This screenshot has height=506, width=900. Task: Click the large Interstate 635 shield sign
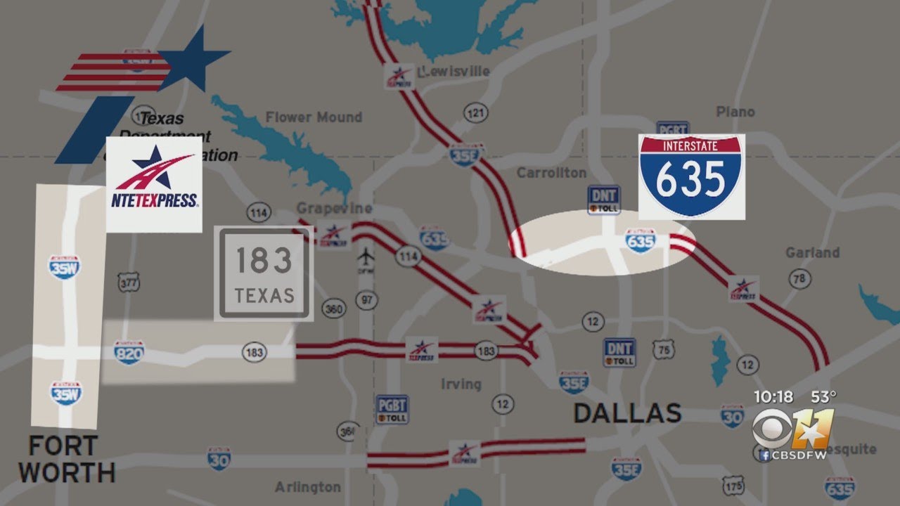692,176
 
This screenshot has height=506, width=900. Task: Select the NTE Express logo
154,184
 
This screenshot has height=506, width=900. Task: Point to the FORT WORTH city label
67,459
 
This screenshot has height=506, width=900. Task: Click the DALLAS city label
627,413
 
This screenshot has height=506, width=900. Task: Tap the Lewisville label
453,72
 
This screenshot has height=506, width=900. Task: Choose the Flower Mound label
314,117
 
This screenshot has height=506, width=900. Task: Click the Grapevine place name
334,209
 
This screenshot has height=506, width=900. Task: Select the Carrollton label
551,173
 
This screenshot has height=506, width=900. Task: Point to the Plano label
735,112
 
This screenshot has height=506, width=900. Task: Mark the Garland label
812,252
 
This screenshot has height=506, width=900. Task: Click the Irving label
461,384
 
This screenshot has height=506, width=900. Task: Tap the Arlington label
308,487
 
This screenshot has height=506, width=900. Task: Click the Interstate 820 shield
129,352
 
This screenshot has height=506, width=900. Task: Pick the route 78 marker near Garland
798,279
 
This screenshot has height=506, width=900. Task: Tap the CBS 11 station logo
792,429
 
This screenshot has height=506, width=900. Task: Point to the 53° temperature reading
823,397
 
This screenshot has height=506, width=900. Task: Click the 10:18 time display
773,397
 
